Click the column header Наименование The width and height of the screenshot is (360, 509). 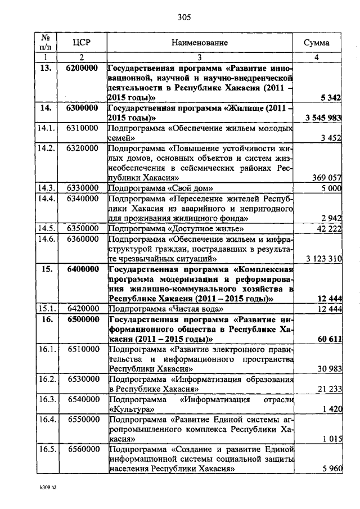pyautogui.click(x=200, y=42)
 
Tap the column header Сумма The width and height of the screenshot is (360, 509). pyautogui.click(x=317, y=42)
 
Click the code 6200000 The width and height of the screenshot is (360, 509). pyautogui.click(x=82, y=68)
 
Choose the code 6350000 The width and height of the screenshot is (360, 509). pyautogui.click(x=82, y=228)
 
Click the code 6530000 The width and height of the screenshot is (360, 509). pyautogui.click(x=82, y=379)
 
